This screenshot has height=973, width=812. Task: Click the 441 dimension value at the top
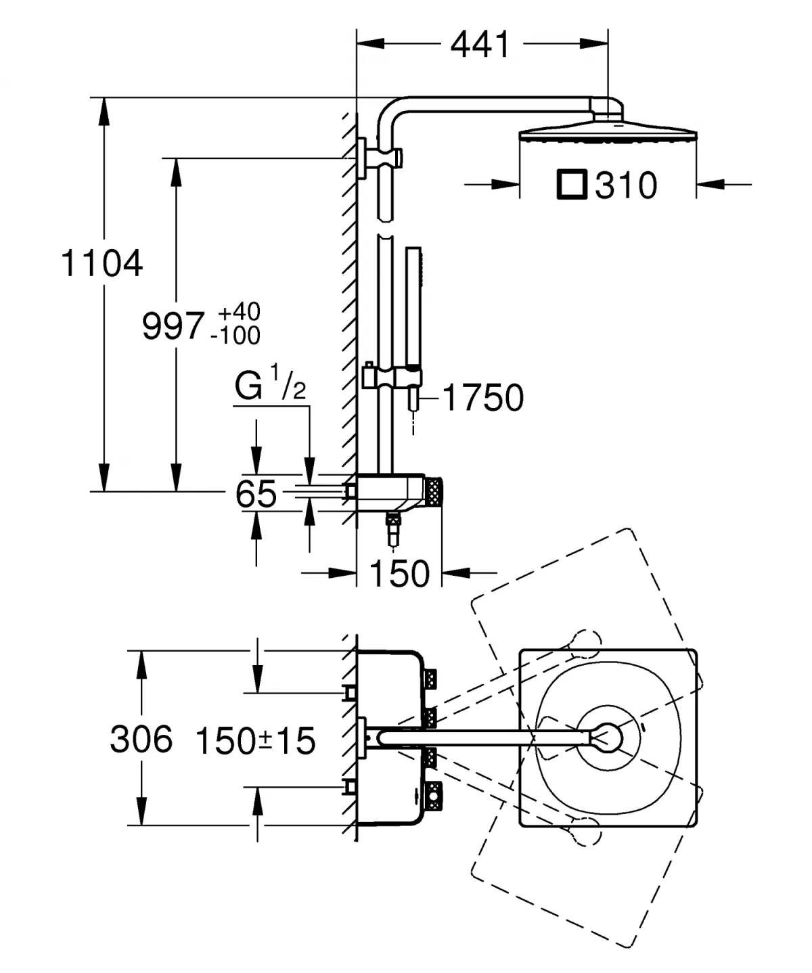(480, 45)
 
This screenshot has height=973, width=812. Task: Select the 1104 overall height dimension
(101, 263)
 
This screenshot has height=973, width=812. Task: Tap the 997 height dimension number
(173, 325)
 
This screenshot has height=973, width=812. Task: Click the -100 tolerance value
(235, 335)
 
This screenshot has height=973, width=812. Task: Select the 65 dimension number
(256, 494)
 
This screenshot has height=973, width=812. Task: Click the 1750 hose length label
(483, 397)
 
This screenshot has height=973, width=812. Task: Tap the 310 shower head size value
(626, 185)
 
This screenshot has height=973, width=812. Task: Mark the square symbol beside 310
(571, 185)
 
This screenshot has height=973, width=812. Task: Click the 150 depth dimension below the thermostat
(399, 574)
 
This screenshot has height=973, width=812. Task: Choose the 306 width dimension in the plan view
(141, 739)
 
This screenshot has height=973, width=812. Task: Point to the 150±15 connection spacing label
(256, 740)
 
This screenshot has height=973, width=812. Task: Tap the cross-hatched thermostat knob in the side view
(433, 491)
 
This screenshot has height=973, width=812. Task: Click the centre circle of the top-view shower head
(608, 737)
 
